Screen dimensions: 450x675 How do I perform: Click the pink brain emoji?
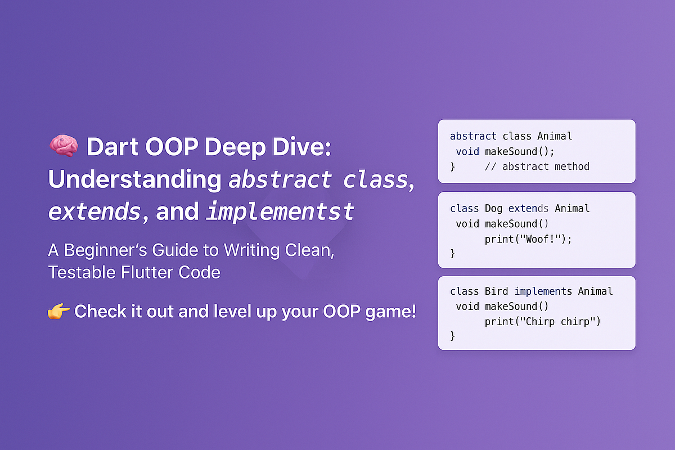pyautogui.click(x=63, y=147)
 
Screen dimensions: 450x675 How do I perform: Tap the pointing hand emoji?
pyautogui.click(x=58, y=311)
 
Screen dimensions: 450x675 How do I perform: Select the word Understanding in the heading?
pyautogui.click(x=134, y=180)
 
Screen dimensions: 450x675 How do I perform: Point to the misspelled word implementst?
pyautogui.click(x=280, y=212)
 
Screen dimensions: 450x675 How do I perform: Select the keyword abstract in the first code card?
pyautogui.click(x=473, y=136)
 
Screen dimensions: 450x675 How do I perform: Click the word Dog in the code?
pyautogui.click(x=493, y=209)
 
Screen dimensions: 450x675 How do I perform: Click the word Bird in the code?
pyautogui.click(x=496, y=291)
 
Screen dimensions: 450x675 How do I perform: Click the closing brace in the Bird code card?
pyautogui.click(x=452, y=336)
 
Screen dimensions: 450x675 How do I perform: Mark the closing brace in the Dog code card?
pyautogui.click(x=452, y=254)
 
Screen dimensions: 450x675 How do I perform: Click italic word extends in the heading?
pyautogui.click(x=94, y=212)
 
